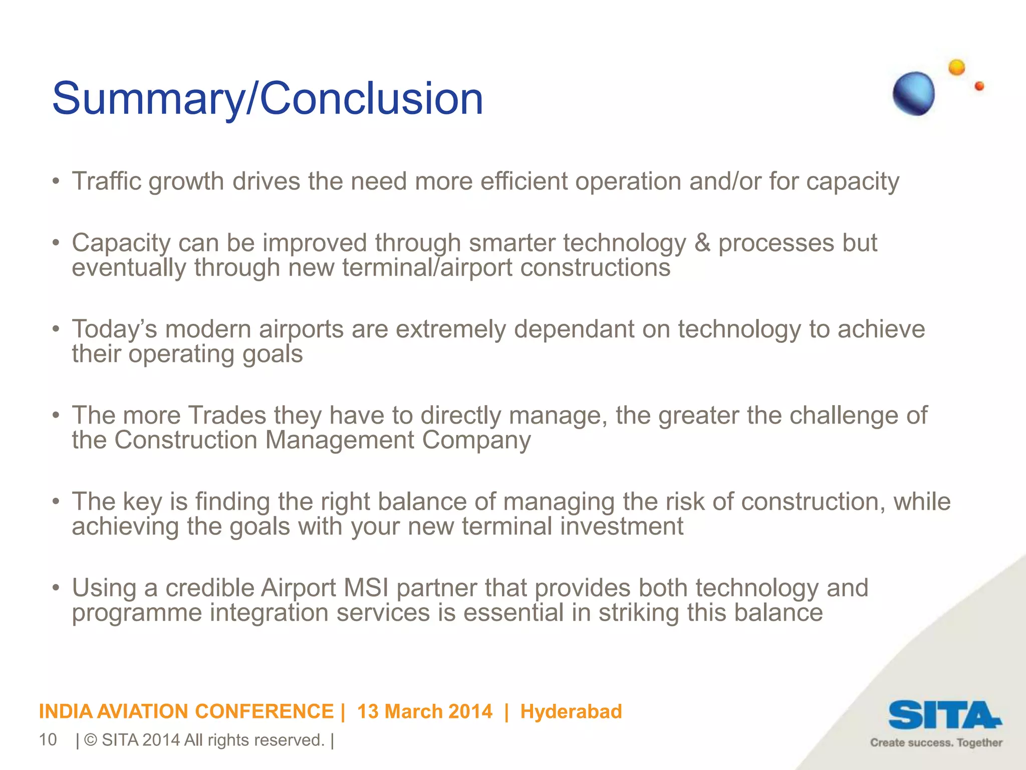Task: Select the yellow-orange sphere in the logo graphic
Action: (x=956, y=67)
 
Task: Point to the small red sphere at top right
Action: (x=979, y=86)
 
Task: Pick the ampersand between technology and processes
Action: (x=702, y=243)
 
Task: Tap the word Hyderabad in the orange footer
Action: (x=571, y=711)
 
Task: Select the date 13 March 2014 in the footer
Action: (x=425, y=711)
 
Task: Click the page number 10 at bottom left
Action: (x=48, y=740)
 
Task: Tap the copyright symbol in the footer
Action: (x=91, y=740)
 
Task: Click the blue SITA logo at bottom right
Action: (x=944, y=715)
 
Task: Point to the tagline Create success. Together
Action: (x=936, y=743)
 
